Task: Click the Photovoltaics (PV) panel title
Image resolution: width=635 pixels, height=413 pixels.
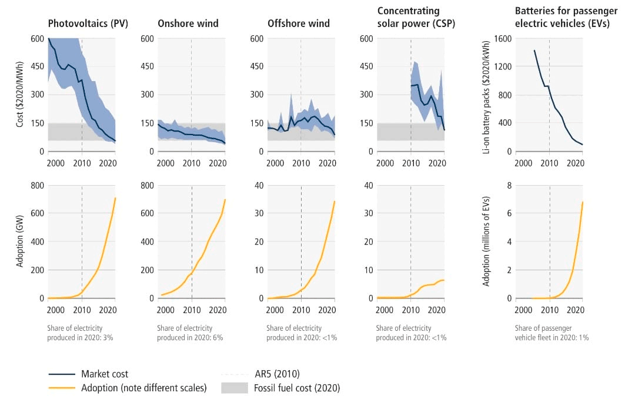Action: (x=88, y=23)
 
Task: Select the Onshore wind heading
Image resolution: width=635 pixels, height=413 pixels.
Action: (x=188, y=23)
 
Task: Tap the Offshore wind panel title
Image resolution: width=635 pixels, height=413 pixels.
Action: (x=299, y=23)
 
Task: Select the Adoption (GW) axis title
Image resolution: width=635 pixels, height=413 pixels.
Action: (x=21, y=241)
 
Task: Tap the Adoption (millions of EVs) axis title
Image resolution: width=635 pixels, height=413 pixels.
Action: (x=486, y=241)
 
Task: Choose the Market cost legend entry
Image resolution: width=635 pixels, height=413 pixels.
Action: (x=105, y=374)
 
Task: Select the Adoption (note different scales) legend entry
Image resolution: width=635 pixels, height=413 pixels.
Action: (x=144, y=388)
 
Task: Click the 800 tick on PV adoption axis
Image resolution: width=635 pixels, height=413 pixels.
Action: (x=37, y=186)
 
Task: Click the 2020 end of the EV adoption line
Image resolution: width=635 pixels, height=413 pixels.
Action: (x=583, y=202)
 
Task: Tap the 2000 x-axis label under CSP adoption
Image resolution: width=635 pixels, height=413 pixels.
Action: (x=385, y=310)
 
